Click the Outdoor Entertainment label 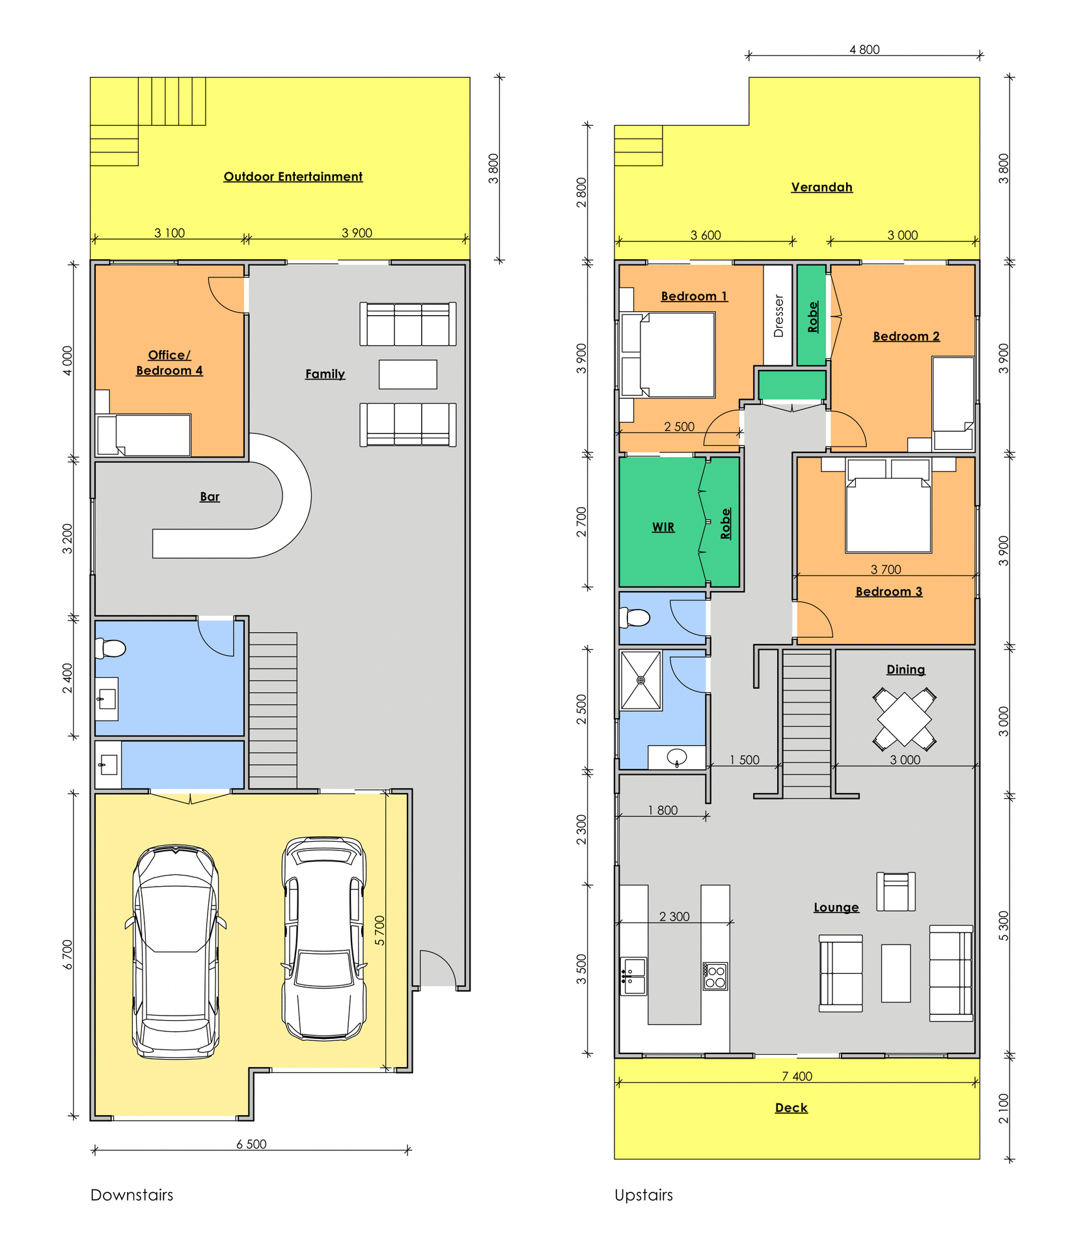(x=293, y=176)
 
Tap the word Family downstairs (x=325, y=374)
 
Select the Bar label (x=210, y=497)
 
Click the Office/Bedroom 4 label (x=169, y=363)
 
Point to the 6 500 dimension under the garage (x=251, y=1144)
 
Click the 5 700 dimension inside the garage (x=379, y=930)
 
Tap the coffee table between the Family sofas (x=408, y=374)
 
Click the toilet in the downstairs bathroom (x=111, y=648)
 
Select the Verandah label (x=821, y=187)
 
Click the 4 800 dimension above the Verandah (x=864, y=49)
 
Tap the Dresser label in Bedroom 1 (x=778, y=316)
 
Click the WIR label (x=663, y=527)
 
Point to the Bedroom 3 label (x=888, y=591)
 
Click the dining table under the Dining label (x=904, y=719)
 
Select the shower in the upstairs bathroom (x=641, y=680)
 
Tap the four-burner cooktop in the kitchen (x=715, y=977)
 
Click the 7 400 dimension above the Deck (x=797, y=1076)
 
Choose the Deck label (x=791, y=1107)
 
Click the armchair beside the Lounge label (x=896, y=891)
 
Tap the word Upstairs (x=644, y=1195)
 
